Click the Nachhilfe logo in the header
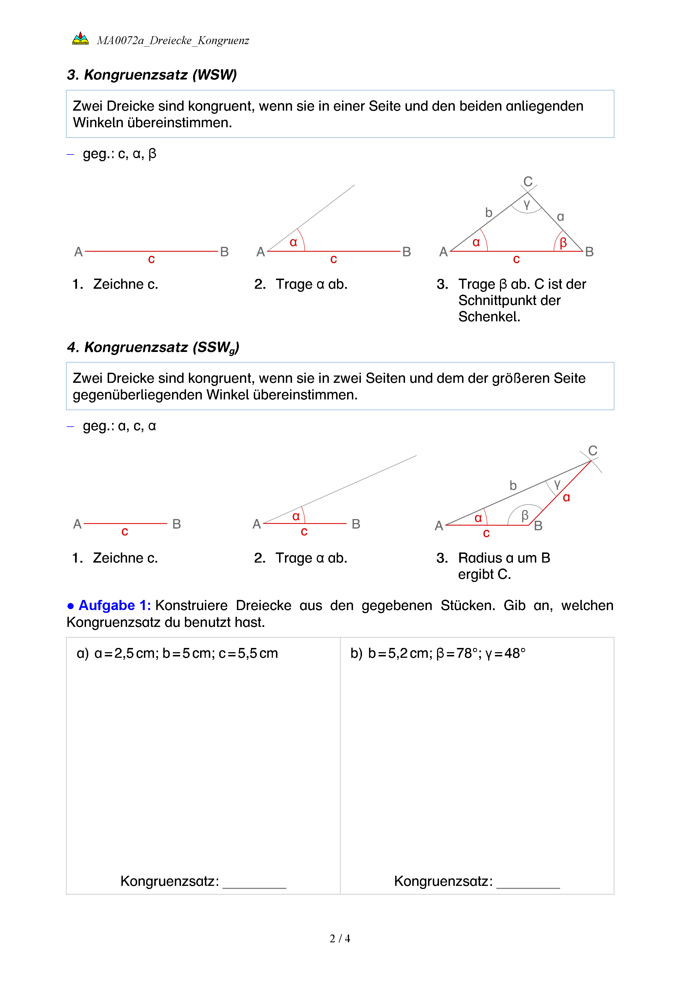tap(80, 38)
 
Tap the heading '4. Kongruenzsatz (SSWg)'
tap(153, 347)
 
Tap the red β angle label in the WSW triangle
tap(563, 243)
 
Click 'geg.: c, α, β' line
tap(119, 154)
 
